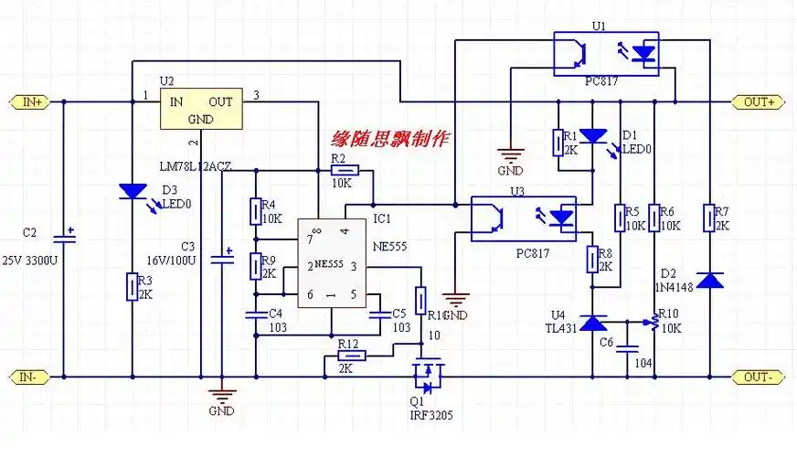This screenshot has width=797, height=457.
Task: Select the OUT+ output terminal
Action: (759, 101)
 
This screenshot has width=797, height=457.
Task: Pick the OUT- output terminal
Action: (759, 377)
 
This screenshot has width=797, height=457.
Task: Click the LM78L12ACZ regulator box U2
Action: (201, 110)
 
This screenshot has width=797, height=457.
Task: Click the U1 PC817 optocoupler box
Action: (606, 54)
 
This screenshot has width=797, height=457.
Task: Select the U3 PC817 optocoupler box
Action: (523, 218)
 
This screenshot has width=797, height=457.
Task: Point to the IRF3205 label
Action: (430, 414)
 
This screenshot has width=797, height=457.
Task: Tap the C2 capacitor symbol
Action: (63, 239)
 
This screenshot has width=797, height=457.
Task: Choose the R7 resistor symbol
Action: (709, 218)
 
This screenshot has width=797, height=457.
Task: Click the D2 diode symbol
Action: (709, 280)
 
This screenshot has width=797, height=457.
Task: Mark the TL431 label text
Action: (559, 328)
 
